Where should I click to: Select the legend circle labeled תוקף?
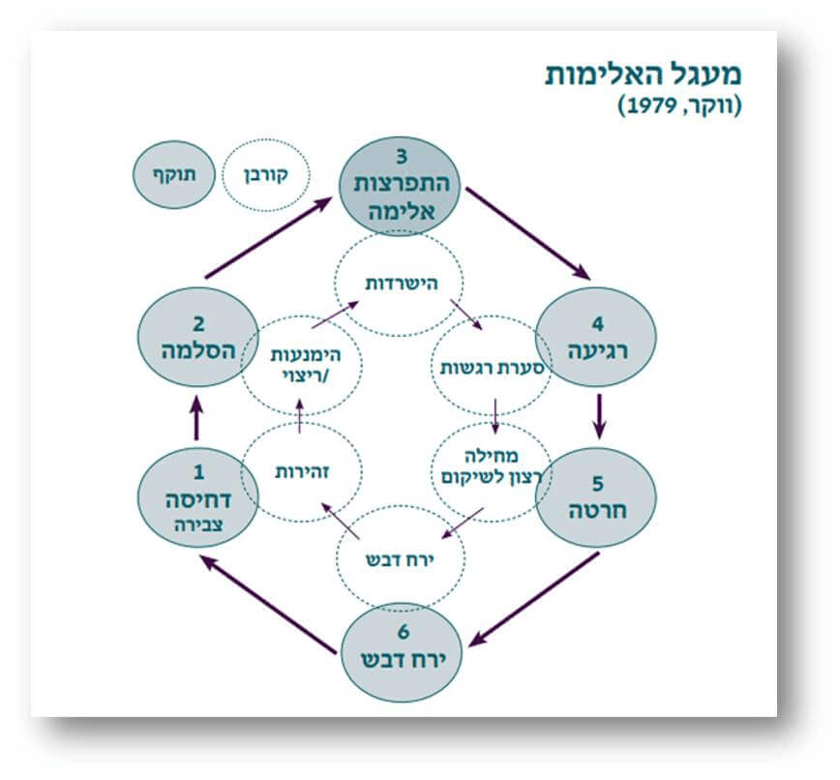[x=171, y=174]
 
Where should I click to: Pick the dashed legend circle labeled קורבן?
[x=264, y=174]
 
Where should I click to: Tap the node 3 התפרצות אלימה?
[x=402, y=185]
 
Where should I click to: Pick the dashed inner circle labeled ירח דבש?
[x=401, y=560]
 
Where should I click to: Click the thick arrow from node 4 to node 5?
[x=599, y=413]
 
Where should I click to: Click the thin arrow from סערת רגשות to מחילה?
[x=495, y=416]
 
